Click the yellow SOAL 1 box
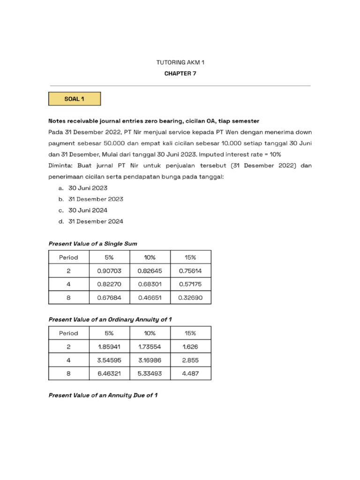[x=75, y=99]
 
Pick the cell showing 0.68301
[x=150, y=284]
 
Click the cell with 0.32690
[x=190, y=298]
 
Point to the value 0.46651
[x=150, y=298]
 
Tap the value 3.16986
[x=150, y=360]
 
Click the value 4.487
[x=190, y=374]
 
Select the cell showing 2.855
[x=190, y=360]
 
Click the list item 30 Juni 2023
[x=88, y=187]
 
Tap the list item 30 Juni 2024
[x=88, y=210]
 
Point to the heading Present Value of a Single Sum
[x=93, y=243]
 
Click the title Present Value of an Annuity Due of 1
[x=103, y=395]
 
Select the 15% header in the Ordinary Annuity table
[x=190, y=333]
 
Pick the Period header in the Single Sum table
[x=68, y=257]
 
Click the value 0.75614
[x=190, y=270]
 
